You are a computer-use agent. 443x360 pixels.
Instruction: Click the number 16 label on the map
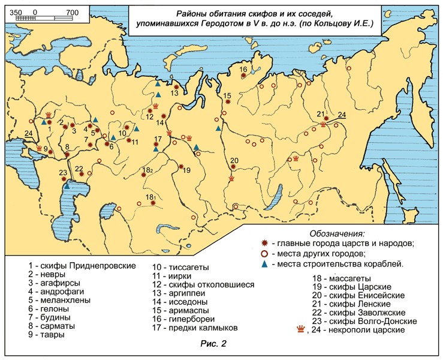click(243, 70)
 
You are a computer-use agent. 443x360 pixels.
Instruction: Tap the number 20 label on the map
click(234, 160)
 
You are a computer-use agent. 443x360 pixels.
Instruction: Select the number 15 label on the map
click(227, 95)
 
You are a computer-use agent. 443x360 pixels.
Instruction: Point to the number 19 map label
click(186, 170)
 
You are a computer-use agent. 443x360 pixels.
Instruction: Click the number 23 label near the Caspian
click(63, 173)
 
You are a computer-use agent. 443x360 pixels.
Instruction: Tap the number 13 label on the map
click(175, 93)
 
